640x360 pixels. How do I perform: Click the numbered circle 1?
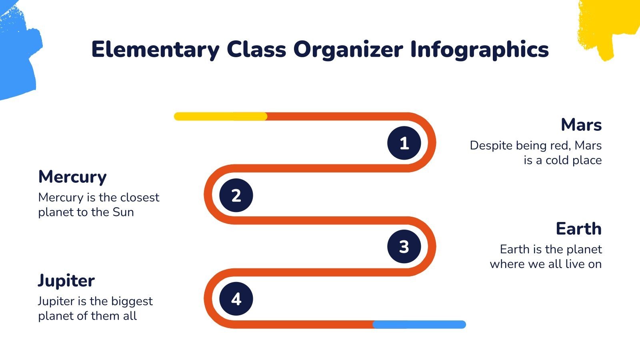pos(404,143)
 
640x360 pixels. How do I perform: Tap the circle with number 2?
pos(236,195)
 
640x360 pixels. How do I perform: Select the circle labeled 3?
pos(404,246)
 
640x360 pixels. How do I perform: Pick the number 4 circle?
pos(236,299)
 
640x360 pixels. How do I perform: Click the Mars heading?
pos(581,125)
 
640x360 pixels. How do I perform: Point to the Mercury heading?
pos(72,177)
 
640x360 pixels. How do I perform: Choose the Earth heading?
pos(578,229)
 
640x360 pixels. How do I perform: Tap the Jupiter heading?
pos(66,281)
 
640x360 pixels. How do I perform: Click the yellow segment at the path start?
pos(220,116)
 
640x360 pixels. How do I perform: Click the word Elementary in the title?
pos(155,50)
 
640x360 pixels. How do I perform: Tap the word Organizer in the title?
pos(348,50)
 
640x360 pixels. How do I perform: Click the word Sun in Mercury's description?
pos(123,212)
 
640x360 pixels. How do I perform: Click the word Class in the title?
pos(256,50)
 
